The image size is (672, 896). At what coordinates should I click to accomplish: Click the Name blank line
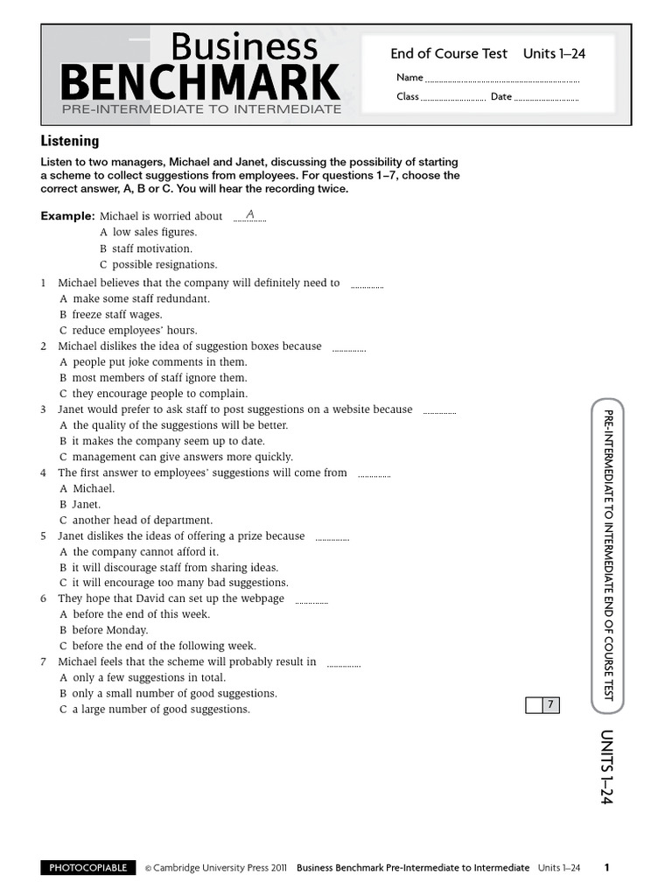tap(502, 80)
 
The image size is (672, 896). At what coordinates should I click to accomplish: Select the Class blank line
tap(453, 99)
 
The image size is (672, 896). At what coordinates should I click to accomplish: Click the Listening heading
tap(70, 141)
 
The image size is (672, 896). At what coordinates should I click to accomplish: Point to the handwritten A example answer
tap(249, 214)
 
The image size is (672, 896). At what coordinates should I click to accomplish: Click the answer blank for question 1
tap(367, 285)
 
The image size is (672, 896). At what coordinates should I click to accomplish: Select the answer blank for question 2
tap(349, 348)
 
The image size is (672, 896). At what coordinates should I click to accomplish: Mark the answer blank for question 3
tap(439, 411)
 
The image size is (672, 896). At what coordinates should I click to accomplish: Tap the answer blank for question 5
tap(332, 538)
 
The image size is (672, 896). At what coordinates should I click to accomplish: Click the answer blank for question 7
tap(343, 664)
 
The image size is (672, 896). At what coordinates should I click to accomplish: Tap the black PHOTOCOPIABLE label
tap(88, 868)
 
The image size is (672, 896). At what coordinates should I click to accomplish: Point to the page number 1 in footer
tap(607, 868)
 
